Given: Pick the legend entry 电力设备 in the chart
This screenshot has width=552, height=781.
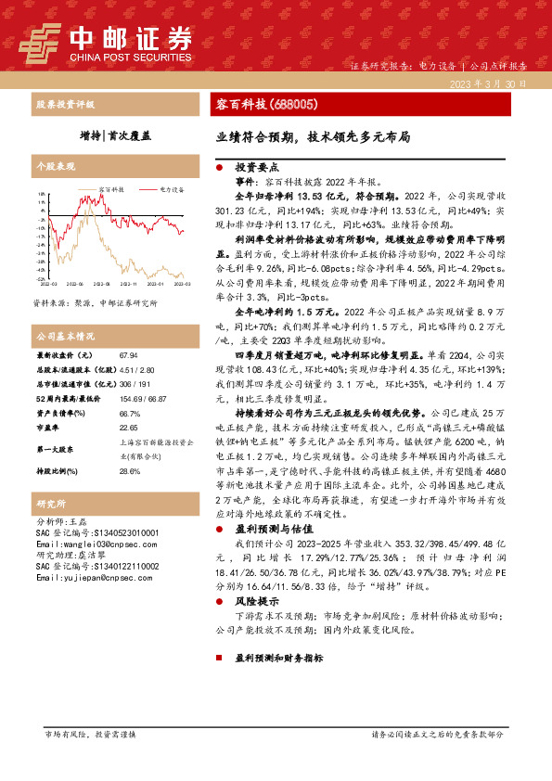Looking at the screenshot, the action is click(172, 188).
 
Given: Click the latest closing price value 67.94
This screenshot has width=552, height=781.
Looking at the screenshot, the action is click(128, 355).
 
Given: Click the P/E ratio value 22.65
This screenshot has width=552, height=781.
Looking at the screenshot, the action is click(128, 429).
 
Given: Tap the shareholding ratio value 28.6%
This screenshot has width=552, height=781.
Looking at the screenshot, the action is click(129, 471).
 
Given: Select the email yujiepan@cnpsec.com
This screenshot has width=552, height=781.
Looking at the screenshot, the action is click(86, 577).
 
